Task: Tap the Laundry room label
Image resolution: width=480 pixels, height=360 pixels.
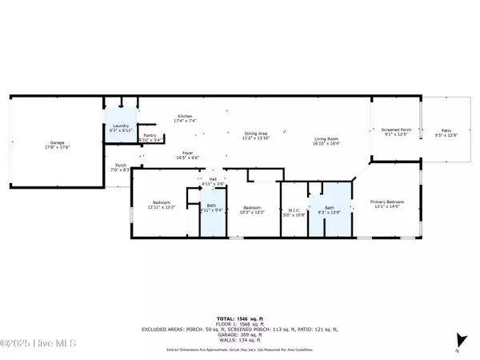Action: (122, 126)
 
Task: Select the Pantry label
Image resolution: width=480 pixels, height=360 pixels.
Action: (150, 137)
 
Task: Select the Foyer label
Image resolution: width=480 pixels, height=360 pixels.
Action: (187, 154)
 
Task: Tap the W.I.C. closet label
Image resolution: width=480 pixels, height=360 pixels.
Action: (295, 211)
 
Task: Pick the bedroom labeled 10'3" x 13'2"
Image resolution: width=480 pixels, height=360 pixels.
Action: (252, 210)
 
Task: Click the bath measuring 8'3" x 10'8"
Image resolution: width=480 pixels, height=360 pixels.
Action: (330, 210)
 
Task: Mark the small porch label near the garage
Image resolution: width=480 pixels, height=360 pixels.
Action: (118, 168)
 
